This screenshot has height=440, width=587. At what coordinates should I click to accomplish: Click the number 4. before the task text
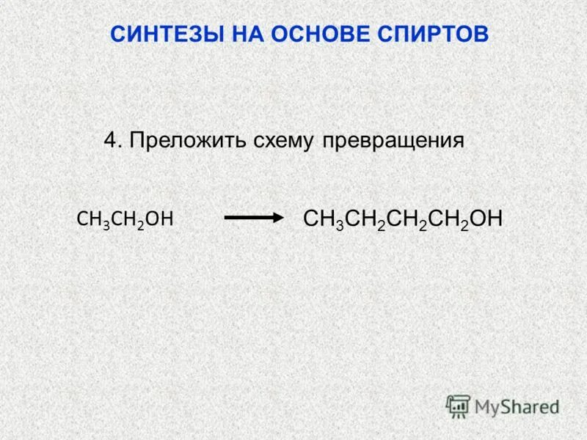click(x=112, y=140)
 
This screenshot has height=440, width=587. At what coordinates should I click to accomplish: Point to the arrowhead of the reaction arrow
click(x=278, y=218)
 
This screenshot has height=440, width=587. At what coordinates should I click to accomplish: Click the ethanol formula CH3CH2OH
click(x=125, y=219)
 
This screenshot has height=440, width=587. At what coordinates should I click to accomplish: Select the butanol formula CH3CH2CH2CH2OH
click(x=403, y=219)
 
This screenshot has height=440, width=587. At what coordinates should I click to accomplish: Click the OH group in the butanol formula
click(x=487, y=218)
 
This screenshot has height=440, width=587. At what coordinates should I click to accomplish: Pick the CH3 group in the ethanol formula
click(x=93, y=219)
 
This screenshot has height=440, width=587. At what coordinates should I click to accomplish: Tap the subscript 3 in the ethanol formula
click(x=106, y=224)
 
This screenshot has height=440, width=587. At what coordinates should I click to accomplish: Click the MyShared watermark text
click(x=517, y=406)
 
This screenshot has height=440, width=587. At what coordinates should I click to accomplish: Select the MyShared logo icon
click(x=459, y=406)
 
